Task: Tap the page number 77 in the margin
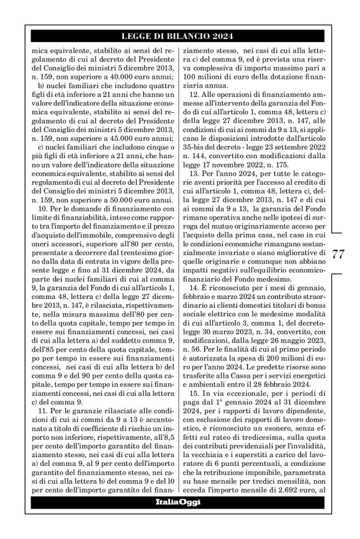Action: [x=339, y=255]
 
